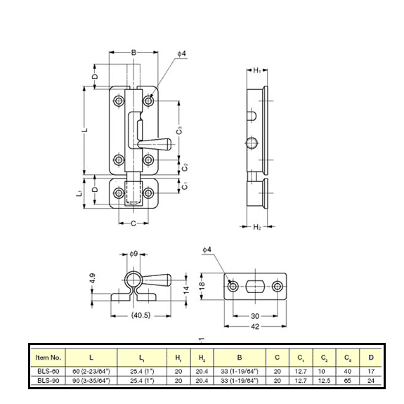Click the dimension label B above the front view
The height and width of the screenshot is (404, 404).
click(133, 52)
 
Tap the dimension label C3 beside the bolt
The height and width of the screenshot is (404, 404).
click(180, 130)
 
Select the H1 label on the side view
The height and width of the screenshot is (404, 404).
click(257, 71)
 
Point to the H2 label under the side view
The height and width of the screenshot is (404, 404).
click(257, 227)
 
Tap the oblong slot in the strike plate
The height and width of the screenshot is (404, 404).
click(252, 287)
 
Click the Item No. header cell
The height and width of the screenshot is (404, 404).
click(48, 357)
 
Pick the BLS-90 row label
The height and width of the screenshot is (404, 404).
click(48, 381)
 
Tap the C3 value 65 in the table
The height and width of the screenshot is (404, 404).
click(346, 381)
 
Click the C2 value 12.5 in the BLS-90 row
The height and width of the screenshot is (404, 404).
click(323, 381)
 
